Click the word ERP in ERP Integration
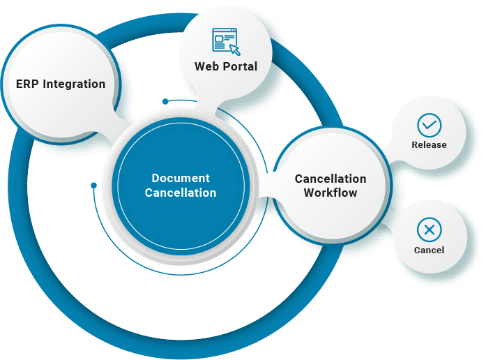[27, 84]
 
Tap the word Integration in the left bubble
[74, 84]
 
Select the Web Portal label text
[225, 67]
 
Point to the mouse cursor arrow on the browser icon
[234, 50]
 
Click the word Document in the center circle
[181, 179]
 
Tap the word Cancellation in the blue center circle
[181, 193]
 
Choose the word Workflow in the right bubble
[330, 193]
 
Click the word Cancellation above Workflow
[330, 179]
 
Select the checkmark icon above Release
[429, 126]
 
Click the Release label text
[429, 145]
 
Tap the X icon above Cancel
[429, 230]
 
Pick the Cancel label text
[429, 250]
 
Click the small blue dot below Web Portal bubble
[165, 101]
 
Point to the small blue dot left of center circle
[93, 185]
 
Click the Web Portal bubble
[225, 56]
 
